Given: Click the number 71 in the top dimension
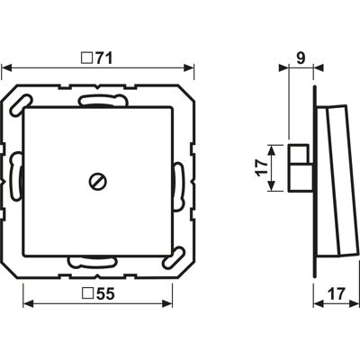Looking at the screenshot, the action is click(104, 58).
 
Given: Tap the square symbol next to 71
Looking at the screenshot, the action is click(87, 58).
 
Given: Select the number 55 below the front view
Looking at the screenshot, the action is click(106, 293).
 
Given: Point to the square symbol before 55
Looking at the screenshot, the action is click(87, 293).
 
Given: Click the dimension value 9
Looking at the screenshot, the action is click(301, 58).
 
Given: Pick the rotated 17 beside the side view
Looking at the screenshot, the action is click(262, 167).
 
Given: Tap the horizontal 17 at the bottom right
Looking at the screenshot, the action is click(337, 293).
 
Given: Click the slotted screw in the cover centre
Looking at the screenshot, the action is click(98, 182).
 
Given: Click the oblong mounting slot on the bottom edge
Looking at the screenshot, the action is click(92, 262).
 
